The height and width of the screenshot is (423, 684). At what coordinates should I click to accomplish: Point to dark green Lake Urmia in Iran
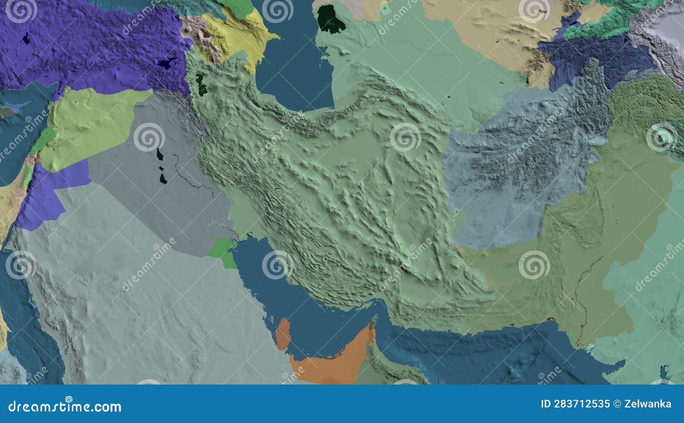pos(200,84)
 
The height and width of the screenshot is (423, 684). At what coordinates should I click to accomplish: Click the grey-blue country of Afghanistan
pos(526,171)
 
